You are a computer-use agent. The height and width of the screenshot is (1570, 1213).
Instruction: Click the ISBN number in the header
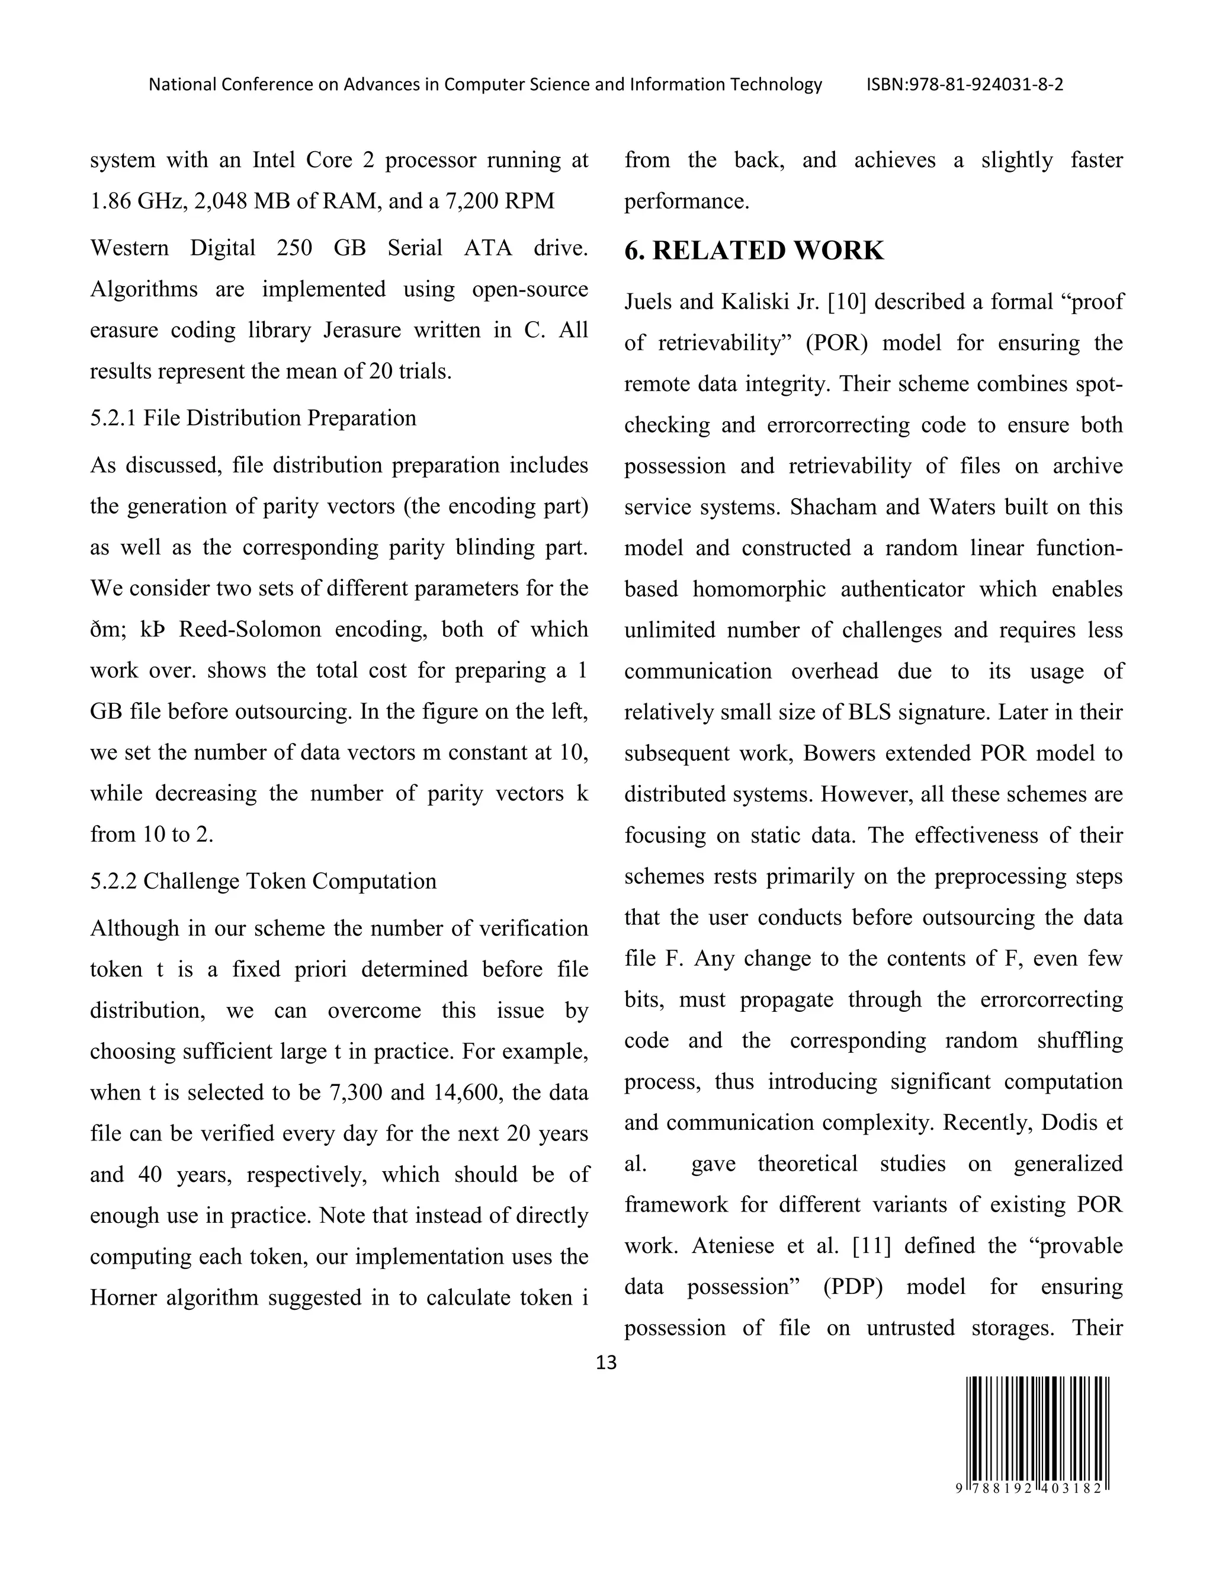(965, 85)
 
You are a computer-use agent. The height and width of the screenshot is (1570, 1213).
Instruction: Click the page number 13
(606, 1362)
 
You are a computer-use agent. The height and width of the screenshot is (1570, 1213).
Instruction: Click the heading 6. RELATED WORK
(754, 250)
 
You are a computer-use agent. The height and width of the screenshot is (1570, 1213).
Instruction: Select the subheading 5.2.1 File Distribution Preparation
(253, 418)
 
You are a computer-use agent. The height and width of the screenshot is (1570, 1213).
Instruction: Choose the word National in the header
(182, 85)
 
